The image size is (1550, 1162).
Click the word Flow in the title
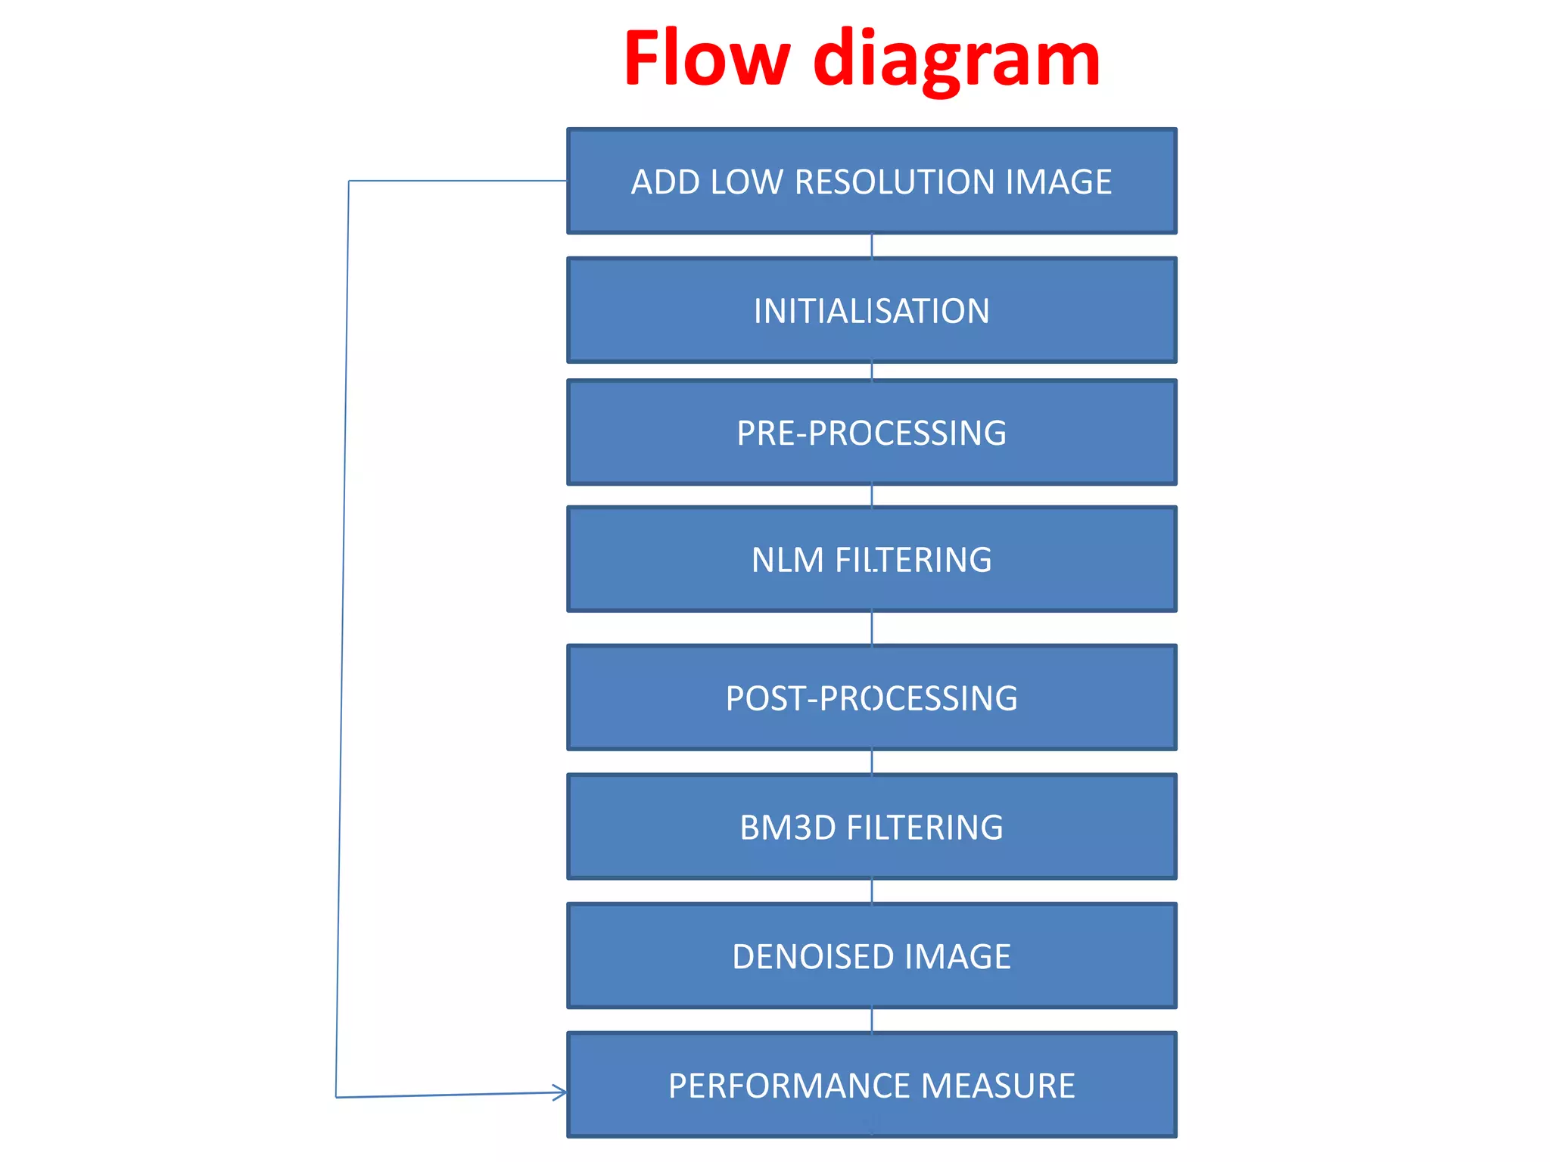707,59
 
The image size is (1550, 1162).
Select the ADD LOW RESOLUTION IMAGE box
872,182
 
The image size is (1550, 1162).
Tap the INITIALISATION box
872,310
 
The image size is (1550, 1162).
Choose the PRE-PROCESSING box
872,433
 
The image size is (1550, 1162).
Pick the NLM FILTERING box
872,560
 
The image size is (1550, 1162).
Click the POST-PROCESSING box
872,698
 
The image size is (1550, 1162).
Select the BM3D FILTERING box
872,827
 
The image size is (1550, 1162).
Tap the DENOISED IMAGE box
872,956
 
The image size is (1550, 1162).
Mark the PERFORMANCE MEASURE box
872,1085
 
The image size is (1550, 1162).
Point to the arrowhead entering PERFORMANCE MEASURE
560,1092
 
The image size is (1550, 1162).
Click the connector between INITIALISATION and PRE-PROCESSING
872,371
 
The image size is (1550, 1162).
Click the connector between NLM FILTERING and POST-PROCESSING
872,628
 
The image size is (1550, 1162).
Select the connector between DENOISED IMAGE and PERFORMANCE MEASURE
872,1021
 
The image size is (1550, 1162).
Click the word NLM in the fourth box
787,561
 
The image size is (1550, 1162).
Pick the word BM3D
788,828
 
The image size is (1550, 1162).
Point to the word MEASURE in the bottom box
998,1086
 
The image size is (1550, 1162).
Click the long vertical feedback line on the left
342,639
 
